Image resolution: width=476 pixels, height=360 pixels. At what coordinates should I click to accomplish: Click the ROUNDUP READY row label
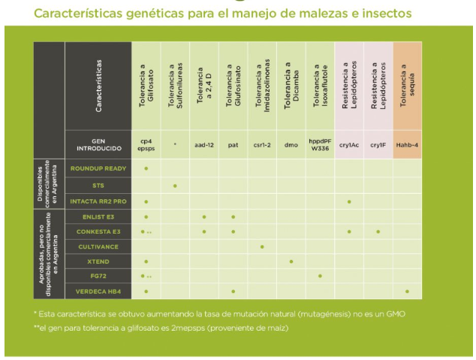98,169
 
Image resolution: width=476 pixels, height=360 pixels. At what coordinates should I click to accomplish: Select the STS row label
98,185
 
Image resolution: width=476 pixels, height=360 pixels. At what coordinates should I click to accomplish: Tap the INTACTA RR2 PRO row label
98,201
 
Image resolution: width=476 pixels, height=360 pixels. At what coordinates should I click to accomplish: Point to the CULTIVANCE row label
98,246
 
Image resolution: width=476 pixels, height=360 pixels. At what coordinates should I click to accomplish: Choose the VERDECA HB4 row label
98,291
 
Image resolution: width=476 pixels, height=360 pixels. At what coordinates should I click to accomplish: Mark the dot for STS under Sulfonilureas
175,186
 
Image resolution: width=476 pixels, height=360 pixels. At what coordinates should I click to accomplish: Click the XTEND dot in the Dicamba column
291,262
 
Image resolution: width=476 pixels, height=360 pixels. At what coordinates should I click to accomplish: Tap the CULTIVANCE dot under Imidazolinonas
262,247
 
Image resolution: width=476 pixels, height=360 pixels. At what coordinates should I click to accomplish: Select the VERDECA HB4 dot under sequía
407,292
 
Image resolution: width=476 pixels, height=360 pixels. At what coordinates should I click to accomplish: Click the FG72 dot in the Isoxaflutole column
320,277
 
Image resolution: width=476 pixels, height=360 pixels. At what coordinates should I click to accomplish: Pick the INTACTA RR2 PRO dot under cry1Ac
349,201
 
